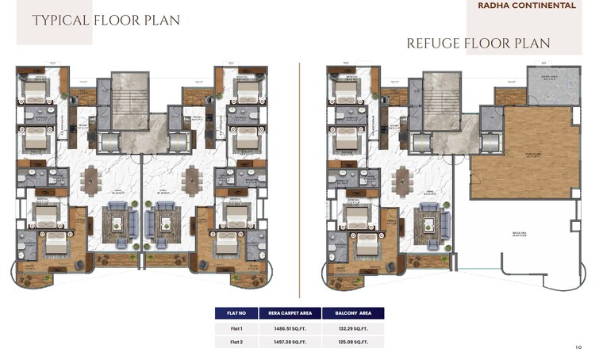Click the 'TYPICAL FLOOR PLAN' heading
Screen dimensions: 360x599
[106, 20]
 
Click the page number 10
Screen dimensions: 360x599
[578, 347]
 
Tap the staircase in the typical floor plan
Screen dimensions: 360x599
[130, 94]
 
